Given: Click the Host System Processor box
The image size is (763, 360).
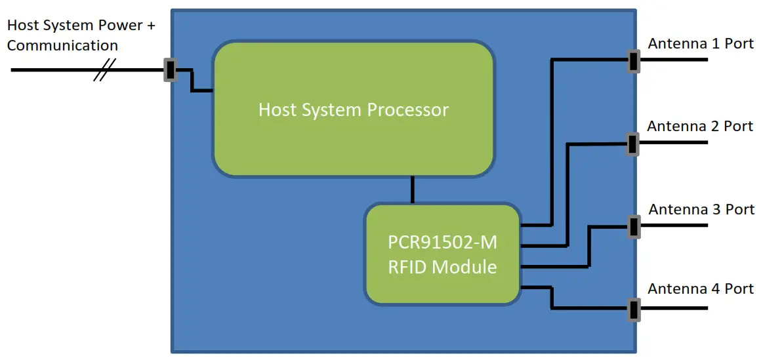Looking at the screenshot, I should (x=353, y=109).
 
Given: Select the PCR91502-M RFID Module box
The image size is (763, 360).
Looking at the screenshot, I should (x=442, y=254).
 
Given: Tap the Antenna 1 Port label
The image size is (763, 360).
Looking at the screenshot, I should (x=701, y=44).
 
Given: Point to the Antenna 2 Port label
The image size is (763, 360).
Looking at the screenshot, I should (x=700, y=126).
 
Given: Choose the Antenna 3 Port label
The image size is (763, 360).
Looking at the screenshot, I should (x=701, y=210).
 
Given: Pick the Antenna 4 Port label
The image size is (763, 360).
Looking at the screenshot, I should (x=701, y=289).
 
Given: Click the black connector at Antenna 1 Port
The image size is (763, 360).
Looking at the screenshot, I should (x=633, y=60).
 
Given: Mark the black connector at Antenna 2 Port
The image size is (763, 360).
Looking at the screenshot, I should (x=632, y=143).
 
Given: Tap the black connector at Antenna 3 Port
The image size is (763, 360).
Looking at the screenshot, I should (x=633, y=226).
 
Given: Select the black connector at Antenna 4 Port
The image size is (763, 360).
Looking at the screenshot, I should (x=633, y=309).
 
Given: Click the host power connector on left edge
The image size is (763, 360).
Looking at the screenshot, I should (x=170, y=70).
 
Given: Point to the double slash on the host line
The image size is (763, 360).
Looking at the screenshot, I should (x=104, y=70).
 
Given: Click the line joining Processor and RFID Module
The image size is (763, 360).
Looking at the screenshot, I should (x=412, y=190).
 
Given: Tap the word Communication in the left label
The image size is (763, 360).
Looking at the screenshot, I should (x=62, y=46).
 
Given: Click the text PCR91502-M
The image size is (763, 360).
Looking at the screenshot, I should (x=442, y=243).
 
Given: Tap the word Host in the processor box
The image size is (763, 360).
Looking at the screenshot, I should (x=274, y=110).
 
